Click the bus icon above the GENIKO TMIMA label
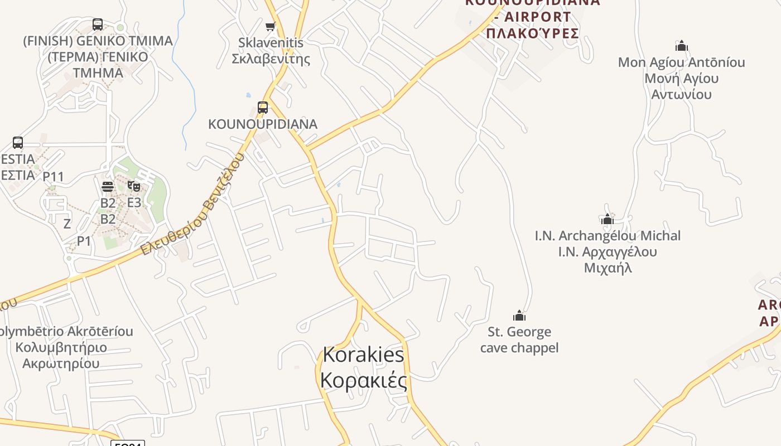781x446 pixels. [98, 25]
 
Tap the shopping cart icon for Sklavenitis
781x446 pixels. [271, 26]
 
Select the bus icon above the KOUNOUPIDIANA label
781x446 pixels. [263, 108]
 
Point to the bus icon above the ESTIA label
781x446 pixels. [18, 143]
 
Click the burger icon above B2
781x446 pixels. [108, 186]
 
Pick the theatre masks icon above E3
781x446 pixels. [134, 186]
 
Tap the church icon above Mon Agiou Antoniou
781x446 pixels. [681, 46]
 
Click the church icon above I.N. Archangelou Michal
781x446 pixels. [608, 219]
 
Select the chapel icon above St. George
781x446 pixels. [519, 316]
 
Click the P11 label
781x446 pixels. [54, 177]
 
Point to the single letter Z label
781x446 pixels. [67, 224]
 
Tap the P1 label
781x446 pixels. [84, 241]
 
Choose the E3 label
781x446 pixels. [134, 202]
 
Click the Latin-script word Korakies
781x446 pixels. [363, 355]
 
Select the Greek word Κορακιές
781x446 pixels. [363, 380]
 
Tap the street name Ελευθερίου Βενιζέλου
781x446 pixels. [192, 205]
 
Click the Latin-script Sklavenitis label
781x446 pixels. [271, 42]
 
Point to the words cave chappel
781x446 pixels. [519, 348]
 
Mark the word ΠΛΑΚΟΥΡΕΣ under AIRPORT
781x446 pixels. [532, 33]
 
